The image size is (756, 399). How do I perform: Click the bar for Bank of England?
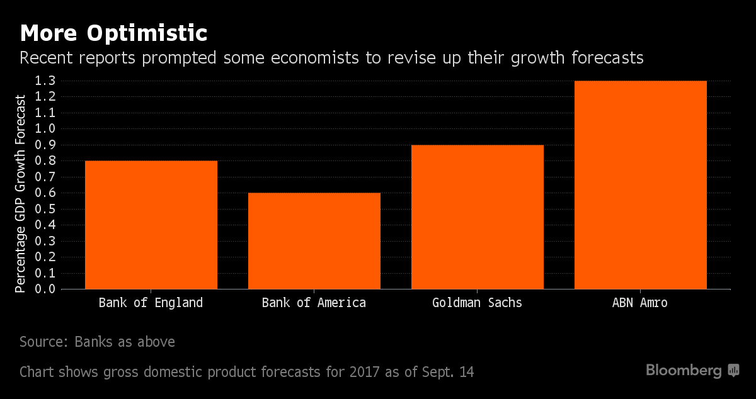tap(151, 225)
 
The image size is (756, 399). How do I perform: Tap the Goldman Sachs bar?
tap(477, 217)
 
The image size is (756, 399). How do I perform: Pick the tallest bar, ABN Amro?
tap(640, 185)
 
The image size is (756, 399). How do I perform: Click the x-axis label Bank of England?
tap(151, 303)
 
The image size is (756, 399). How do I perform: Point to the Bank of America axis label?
tap(314, 303)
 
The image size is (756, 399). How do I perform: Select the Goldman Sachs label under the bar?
tap(477, 303)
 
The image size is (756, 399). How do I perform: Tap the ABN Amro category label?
tap(639, 303)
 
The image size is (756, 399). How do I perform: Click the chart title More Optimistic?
tap(113, 33)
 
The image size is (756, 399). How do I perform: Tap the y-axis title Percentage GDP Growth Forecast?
tap(21, 194)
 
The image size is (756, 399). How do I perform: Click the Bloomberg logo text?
tap(684, 371)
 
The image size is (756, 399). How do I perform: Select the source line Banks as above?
tap(97, 342)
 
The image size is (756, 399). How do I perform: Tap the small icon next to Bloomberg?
tap(733, 371)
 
